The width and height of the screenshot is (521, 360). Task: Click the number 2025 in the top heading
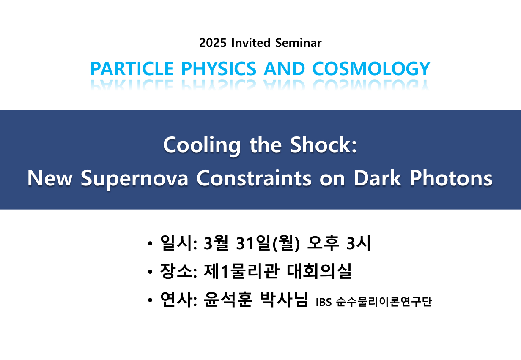point(213,43)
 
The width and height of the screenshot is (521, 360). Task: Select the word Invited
point(251,43)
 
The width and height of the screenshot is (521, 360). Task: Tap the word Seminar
point(299,43)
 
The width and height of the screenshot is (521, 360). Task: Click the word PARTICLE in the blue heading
point(132,68)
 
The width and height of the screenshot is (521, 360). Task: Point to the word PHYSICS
point(219,68)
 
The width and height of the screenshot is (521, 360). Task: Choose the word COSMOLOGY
point(371,68)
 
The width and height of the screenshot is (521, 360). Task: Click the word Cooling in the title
point(202,146)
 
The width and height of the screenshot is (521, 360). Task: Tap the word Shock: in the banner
point(323,145)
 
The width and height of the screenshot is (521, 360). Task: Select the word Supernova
point(134,179)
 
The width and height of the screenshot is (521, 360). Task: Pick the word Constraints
point(254,178)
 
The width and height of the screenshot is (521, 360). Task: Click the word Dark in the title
point(377,178)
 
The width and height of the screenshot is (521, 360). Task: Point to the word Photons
point(451,178)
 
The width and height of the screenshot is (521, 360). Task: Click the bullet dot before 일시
point(150,243)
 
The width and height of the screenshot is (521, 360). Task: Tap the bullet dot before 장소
point(150,272)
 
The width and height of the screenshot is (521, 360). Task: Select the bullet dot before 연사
point(150,300)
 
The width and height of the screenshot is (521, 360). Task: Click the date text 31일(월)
point(268,243)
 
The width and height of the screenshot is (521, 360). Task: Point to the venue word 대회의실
point(319,271)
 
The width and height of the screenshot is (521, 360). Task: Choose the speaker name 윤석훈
point(228,299)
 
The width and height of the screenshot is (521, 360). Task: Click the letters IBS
point(324,302)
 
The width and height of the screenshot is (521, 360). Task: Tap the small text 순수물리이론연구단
point(384,302)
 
